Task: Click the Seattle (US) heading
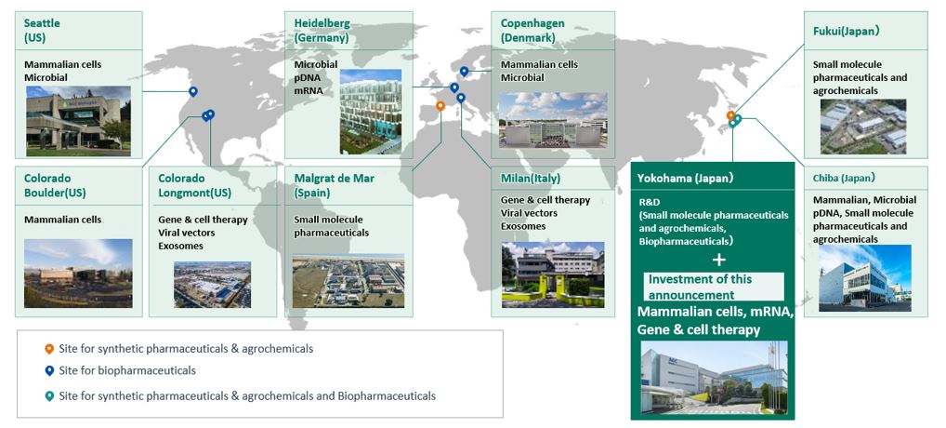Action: (x=42, y=30)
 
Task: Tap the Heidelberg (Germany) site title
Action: (x=322, y=30)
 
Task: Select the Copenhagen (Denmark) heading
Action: (x=532, y=30)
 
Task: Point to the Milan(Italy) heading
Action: (x=531, y=178)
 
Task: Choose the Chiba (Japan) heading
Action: (x=844, y=178)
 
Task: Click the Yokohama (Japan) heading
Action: (x=682, y=178)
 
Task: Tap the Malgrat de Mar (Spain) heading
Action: (x=335, y=185)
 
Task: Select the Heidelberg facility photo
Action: (x=371, y=112)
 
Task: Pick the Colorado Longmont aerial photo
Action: (x=213, y=285)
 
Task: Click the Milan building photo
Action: (x=553, y=274)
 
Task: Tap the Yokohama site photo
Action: (x=714, y=378)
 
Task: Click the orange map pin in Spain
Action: (x=440, y=106)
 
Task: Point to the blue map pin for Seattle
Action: (x=193, y=92)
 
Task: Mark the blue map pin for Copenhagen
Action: (x=464, y=72)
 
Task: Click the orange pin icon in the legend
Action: (x=49, y=349)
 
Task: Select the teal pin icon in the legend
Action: (x=49, y=396)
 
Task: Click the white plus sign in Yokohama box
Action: (x=718, y=260)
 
